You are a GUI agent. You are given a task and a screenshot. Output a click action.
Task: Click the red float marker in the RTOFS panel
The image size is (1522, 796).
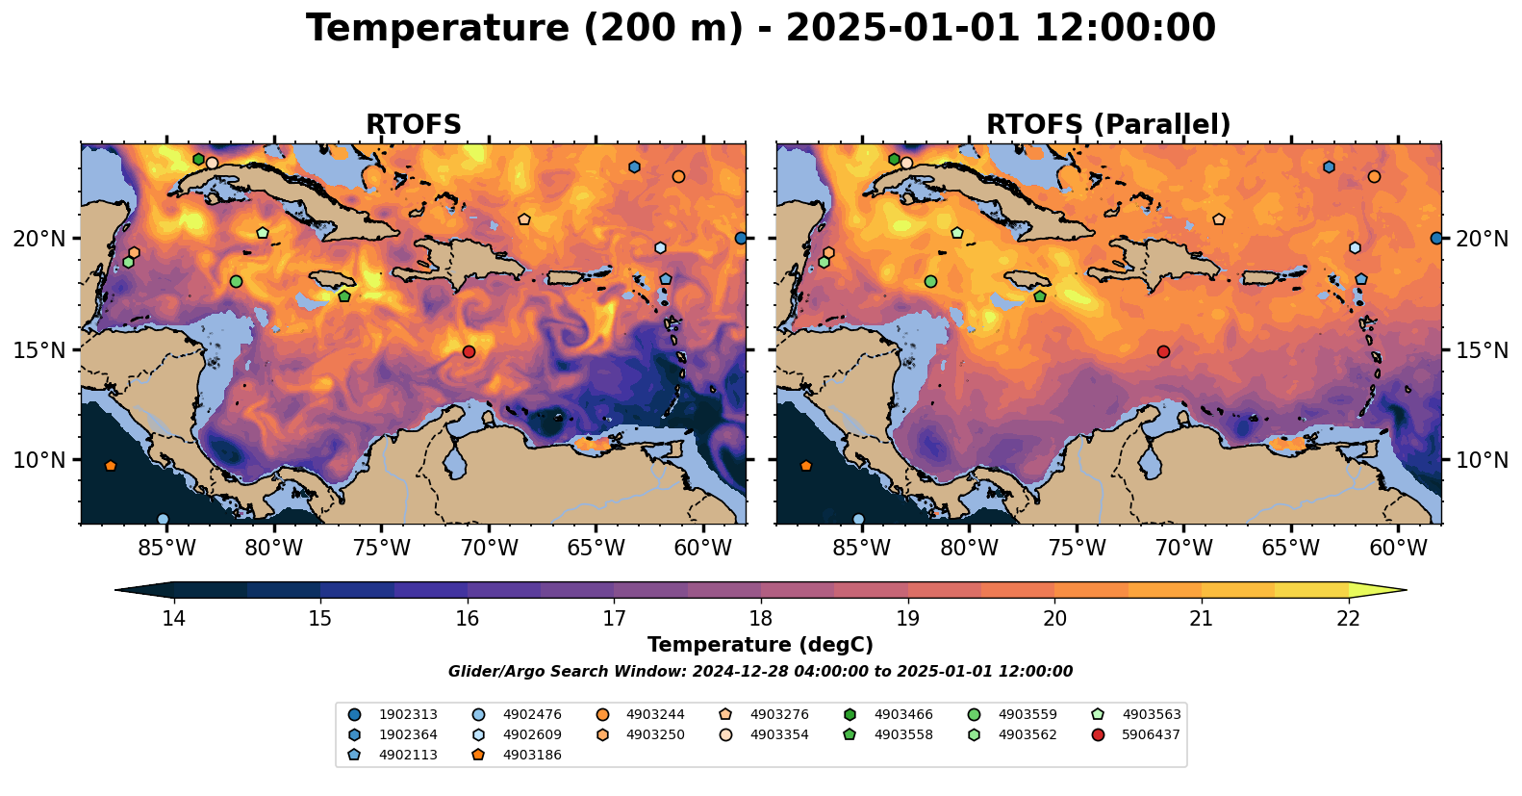[469, 351]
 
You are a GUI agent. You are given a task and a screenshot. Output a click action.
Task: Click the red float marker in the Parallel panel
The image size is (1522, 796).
[1163, 351]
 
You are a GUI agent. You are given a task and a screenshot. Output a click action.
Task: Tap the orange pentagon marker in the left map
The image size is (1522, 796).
[111, 466]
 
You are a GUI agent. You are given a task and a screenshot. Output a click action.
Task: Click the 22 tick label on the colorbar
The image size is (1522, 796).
[1348, 618]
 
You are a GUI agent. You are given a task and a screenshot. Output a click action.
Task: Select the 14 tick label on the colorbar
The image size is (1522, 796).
[173, 618]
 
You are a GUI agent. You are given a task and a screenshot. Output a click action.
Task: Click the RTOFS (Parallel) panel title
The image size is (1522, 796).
[1108, 125]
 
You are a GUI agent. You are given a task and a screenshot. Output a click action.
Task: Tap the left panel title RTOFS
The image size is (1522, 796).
[414, 125]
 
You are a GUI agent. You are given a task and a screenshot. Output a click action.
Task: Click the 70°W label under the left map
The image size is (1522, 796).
[489, 549]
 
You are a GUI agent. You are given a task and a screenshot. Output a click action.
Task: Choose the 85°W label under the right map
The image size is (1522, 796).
[862, 549]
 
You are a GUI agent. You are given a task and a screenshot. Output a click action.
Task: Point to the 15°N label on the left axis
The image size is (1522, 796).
[39, 349]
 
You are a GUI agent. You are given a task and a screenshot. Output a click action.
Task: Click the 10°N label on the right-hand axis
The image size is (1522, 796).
[1483, 460]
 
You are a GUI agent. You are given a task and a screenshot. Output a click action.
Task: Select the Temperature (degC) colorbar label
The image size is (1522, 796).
[760, 645]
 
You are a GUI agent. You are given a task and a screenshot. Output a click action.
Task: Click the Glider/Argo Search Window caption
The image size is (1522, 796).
[760, 672]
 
